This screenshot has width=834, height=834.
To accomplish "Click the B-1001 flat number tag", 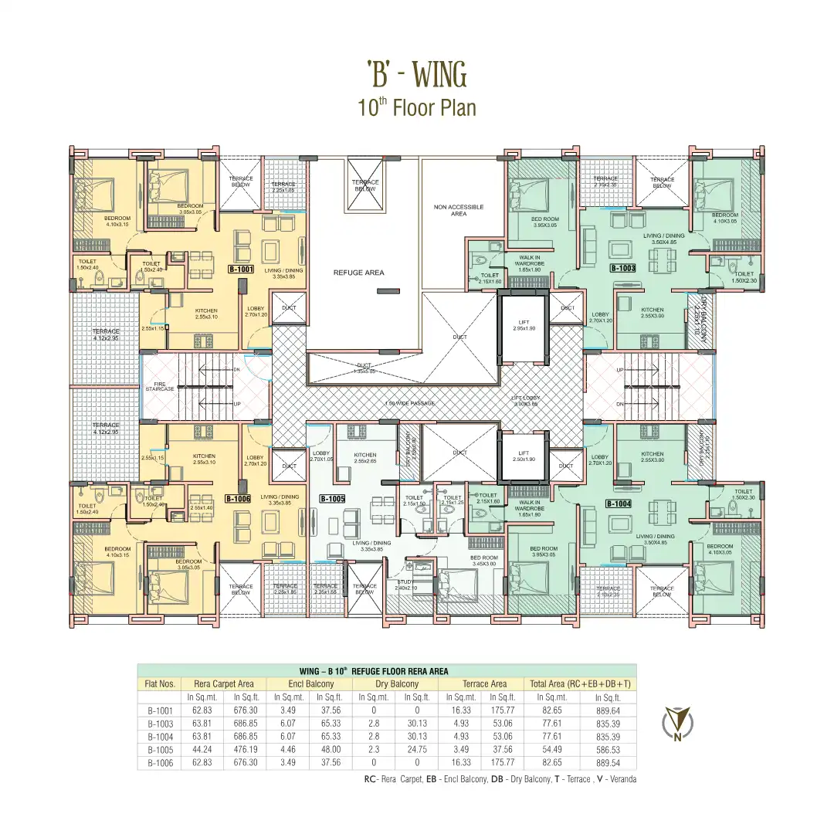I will tap(241, 270).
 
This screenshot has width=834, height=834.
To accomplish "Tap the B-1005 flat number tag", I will tap(332, 499).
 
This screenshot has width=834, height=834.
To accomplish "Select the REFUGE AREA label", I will tap(358, 273).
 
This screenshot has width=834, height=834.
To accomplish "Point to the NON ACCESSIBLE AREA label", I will tap(459, 210).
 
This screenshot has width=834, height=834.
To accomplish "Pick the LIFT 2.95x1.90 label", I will tap(524, 326).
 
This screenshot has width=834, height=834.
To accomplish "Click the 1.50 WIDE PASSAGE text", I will tap(409, 404).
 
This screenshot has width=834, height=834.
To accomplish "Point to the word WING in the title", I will tap(439, 76).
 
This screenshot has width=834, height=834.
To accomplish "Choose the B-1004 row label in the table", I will tap(161, 737).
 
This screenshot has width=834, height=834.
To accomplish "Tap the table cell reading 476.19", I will tap(246, 750).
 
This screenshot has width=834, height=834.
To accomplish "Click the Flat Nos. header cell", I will tap(161, 684).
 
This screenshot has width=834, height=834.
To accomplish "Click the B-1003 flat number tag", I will tap(622, 269).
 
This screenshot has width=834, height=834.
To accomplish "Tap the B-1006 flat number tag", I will tap(239, 499).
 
